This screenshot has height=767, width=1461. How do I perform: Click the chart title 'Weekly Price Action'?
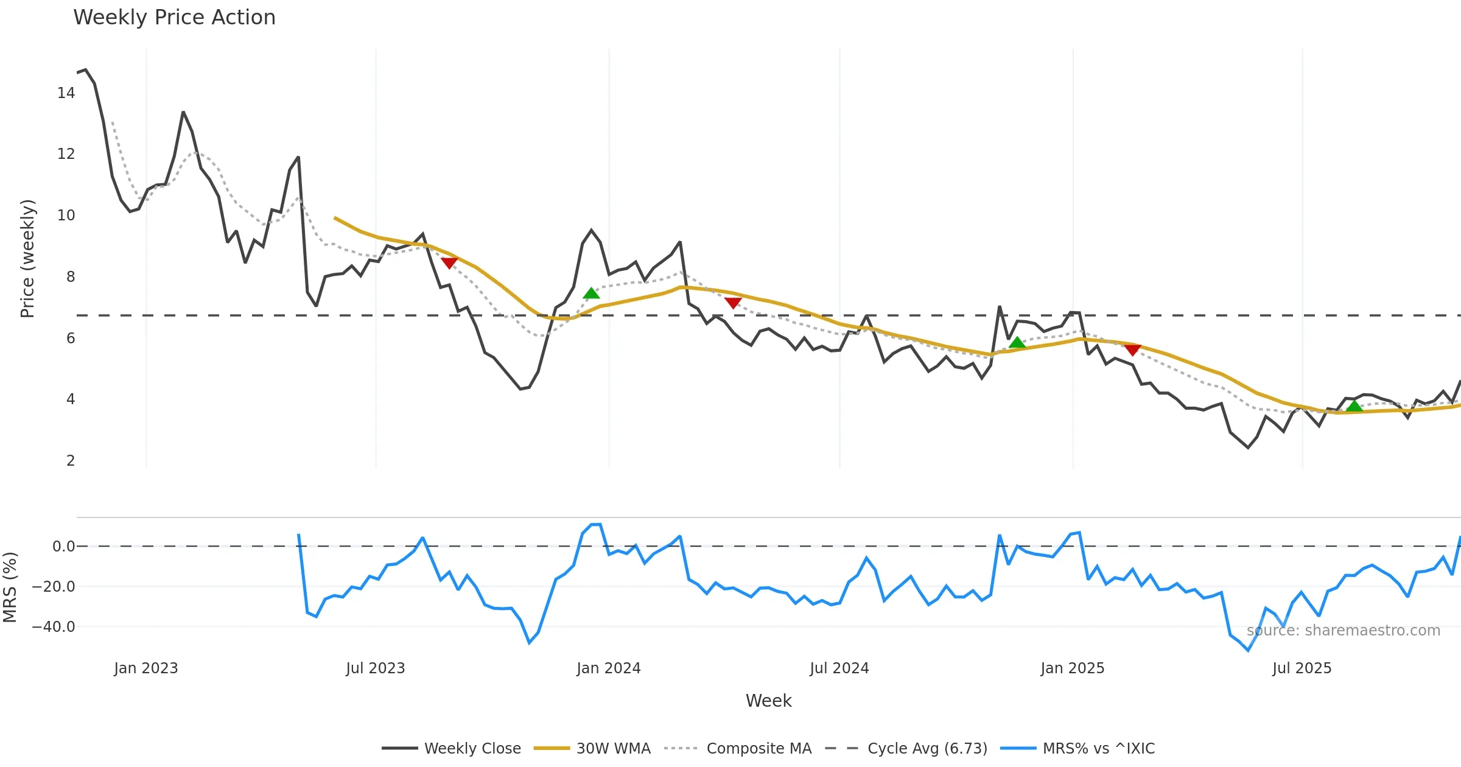coord(174,18)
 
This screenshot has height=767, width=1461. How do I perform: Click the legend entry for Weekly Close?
coord(472,748)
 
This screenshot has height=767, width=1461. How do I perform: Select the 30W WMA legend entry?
coord(613,748)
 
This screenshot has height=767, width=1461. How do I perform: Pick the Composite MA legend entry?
coord(759,748)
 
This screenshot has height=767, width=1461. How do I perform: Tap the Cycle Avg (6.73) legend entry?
coord(927,748)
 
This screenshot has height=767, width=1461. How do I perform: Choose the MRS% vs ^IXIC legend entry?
coord(1098,748)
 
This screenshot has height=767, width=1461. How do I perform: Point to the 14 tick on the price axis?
coord(66,93)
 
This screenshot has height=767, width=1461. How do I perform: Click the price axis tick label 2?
coord(71,461)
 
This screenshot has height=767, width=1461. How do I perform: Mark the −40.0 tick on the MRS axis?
coord(54,627)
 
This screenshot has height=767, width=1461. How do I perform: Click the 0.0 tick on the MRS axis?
coord(63,547)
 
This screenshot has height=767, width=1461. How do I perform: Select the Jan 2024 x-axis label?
coord(609,668)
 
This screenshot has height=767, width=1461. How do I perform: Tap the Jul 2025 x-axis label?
coord(1302,668)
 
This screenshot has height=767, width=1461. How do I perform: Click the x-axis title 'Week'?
coord(768,701)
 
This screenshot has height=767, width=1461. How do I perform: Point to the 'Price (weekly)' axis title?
coord(27,259)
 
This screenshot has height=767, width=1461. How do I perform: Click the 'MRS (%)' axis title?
coord(10,587)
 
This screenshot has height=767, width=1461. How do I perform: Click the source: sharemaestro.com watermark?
coord(1343,631)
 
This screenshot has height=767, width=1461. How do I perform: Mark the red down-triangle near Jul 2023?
coord(449,263)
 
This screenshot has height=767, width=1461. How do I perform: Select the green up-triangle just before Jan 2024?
coord(591,293)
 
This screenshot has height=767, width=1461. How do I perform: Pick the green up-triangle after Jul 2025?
coord(1354,406)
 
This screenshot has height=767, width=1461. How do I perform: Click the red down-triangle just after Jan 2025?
coord(1132,349)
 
